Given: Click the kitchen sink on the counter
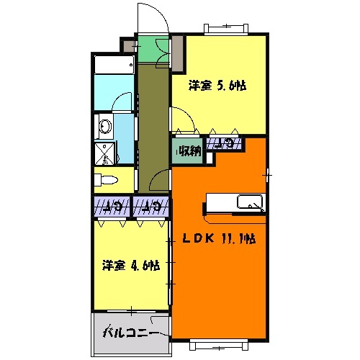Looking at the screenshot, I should pos(251,202).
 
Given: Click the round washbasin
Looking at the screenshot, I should pos(105,127).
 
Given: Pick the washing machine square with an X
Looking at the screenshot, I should pos(106,153).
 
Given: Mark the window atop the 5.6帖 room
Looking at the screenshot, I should pos(227,29).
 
